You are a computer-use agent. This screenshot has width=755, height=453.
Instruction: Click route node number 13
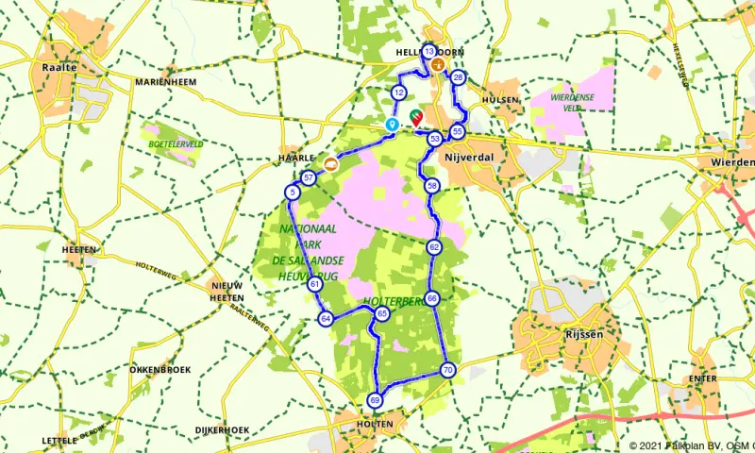pyautogui.click(x=429, y=52)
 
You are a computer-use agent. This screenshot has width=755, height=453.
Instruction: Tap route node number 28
pyautogui.click(x=458, y=77)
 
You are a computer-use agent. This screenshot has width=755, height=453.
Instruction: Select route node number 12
pyautogui.click(x=399, y=92)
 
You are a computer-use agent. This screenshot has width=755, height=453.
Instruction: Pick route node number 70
pyautogui.click(x=447, y=370)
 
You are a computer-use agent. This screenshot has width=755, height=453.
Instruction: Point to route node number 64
pyautogui.click(x=326, y=319)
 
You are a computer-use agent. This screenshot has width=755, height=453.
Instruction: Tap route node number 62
pyautogui.click(x=434, y=247)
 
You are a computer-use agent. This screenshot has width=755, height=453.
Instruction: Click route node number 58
pyautogui.click(x=432, y=185)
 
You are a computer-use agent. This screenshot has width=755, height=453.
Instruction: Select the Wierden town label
pyautogui.click(x=730, y=162)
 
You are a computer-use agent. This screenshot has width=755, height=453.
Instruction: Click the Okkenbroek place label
pyautogui.click(x=162, y=369)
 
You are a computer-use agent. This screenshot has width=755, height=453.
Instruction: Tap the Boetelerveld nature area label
pyautogui.click(x=176, y=144)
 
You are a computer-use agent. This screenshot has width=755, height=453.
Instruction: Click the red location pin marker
pyautogui.click(x=416, y=119)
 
